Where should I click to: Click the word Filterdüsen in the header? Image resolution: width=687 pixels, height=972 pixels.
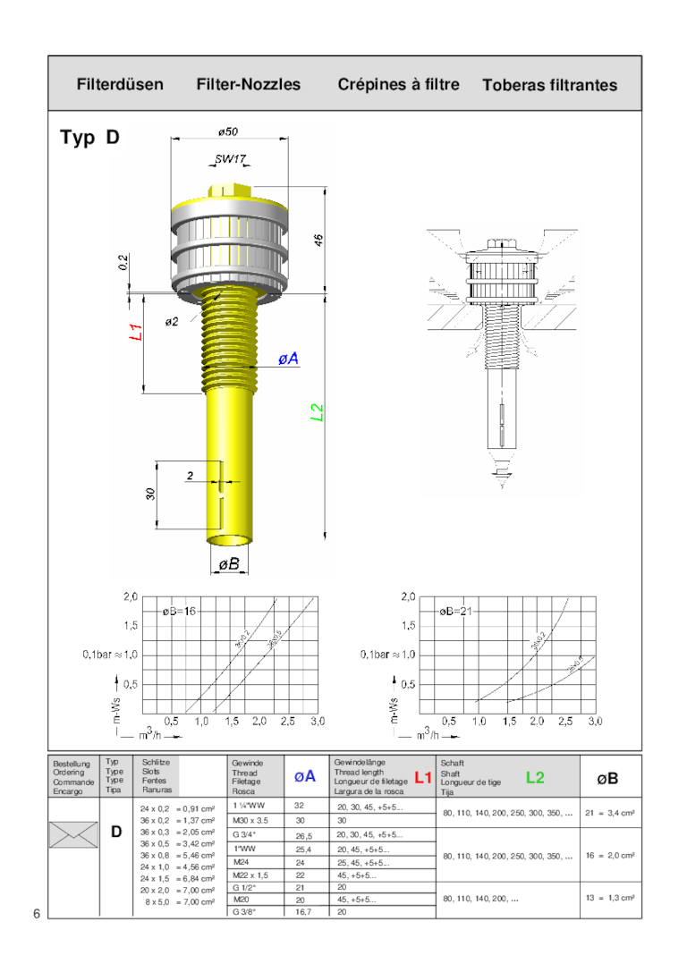pos(120,85)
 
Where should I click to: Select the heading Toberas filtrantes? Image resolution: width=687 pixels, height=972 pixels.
pos(549,86)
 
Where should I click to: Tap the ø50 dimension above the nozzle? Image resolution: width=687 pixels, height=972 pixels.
pos(228,131)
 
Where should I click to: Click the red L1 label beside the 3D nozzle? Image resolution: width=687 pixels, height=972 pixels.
pos(137,333)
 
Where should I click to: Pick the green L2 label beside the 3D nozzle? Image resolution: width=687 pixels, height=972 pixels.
pos(316,412)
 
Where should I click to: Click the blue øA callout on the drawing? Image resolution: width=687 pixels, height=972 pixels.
pos(287,359)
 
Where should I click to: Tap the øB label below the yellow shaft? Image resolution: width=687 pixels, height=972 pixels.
pos(229,563)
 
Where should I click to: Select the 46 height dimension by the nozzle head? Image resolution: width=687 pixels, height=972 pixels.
pos(318,241)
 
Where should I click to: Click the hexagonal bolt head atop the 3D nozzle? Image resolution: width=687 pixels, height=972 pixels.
pos(228,191)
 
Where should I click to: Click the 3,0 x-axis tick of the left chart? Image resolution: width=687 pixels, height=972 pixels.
pos(316,720)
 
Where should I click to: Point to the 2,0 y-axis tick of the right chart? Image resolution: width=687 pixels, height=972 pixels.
pos(408,596)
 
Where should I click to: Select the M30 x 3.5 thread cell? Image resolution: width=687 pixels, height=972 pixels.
pos(250,820)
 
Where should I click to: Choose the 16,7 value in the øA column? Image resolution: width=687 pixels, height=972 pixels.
pos(301,912)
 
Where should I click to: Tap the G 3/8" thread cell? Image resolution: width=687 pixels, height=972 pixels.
pos(245,912)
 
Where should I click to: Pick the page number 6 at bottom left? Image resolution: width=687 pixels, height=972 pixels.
pos(37,913)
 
